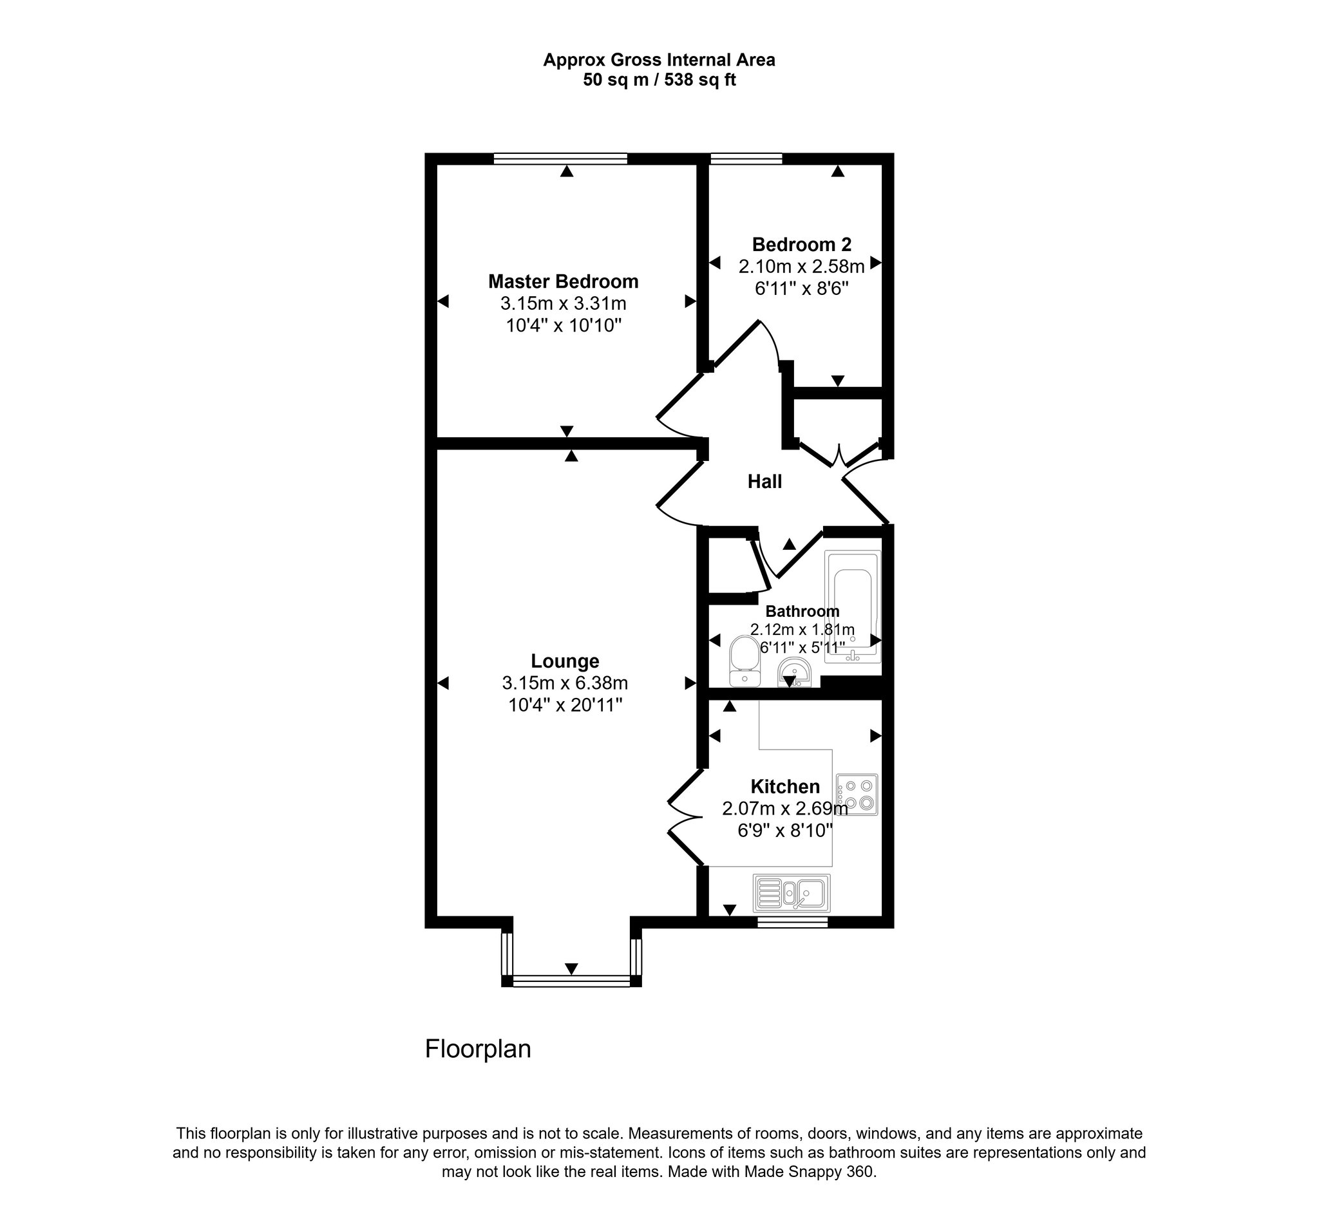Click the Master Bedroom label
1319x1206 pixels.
coord(564,282)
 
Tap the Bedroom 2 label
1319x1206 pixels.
coord(801,245)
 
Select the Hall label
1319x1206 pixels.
coord(765,482)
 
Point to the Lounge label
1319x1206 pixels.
coord(565,661)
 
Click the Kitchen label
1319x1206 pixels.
coord(785,787)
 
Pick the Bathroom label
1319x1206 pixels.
coord(802,612)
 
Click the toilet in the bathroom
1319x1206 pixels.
coord(744,661)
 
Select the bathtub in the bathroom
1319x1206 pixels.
coord(853,607)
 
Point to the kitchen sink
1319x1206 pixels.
coord(792,892)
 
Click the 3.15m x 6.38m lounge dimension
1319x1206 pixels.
coord(565,683)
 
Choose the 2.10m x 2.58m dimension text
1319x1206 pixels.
coord(801,267)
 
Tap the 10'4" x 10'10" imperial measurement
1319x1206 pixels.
coord(564,326)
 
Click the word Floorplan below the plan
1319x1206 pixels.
coord(478,1049)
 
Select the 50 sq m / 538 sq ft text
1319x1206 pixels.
coord(659,80)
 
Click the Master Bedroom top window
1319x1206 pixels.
coord(561,158)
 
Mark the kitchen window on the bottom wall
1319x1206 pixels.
coord(792,922)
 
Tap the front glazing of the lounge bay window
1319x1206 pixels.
coord(571,981)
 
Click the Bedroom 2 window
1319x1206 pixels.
coord(746,158)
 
